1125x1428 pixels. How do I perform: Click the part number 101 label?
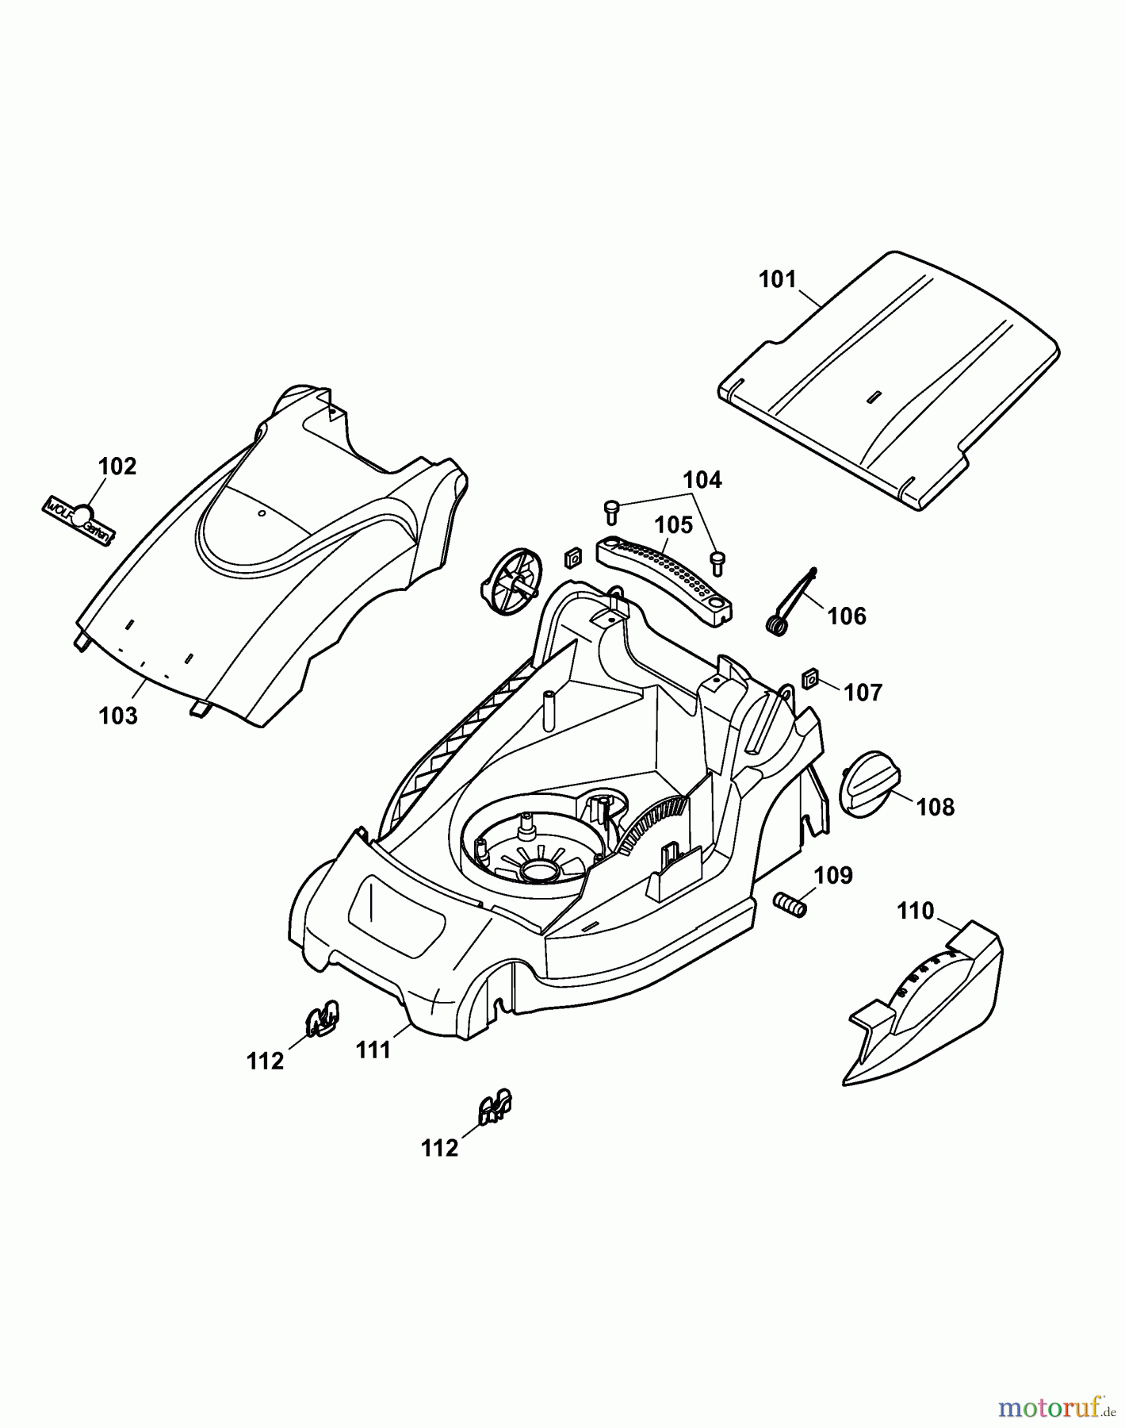pyautogui.click(x=777, y=279)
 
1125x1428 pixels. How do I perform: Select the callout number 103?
pyautogui.click(x=118, y=716)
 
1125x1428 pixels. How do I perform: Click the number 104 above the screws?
pyautogui.click(x=702, y=480)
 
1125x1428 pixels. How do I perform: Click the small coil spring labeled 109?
pyautogui.click(x=790, y=904)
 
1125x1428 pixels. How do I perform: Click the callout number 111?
pyautogui.click(x=373, y=1050)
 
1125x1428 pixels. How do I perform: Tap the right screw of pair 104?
pyautogui.click(x=717, y=562)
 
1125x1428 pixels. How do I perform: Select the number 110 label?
pyautogui.click(x=916, y=911)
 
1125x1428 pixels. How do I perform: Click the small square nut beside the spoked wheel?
pyautogui.click(x=572, y=558)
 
